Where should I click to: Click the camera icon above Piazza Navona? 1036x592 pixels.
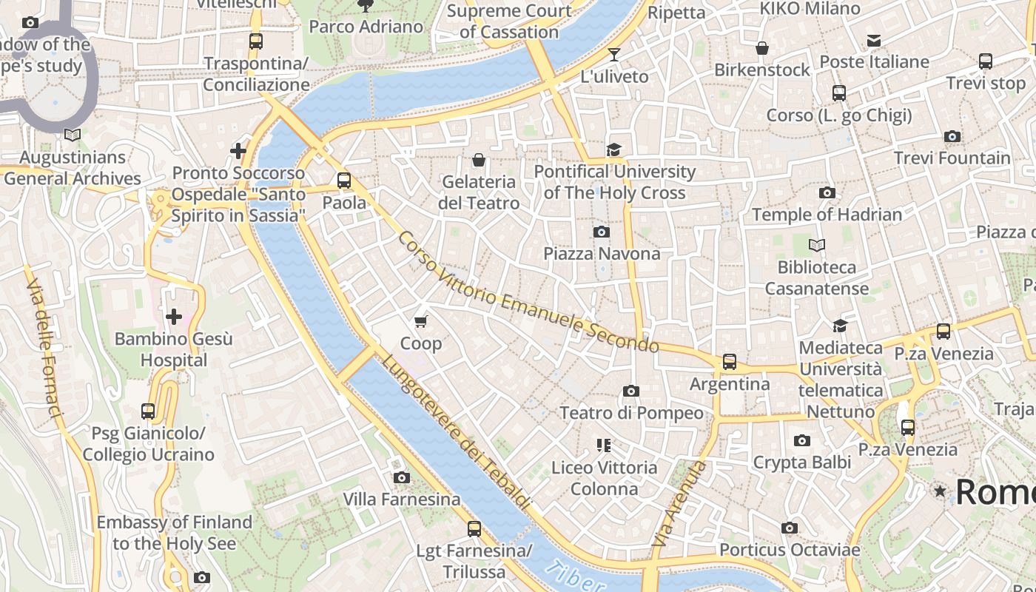(602, 232)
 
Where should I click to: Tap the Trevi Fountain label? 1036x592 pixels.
(952, 158)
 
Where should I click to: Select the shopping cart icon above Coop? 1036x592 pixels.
(421, 321)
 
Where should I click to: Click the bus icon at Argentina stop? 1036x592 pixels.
(730, 362)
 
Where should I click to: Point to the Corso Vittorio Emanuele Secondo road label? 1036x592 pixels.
(528, 294)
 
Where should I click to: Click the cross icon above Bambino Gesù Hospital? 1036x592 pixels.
(174, 317)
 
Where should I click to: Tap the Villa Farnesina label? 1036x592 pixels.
(402, 499)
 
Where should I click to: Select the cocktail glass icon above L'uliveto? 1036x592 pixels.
(613, 54)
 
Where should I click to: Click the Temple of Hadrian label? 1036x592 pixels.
(827, 215)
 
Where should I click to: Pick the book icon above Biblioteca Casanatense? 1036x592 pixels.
(817, 245)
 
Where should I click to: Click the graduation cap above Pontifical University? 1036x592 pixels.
(613, 150)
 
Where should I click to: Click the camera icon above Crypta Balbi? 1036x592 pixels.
(801, 441)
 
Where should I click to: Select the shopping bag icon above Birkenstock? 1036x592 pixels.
(762, 49)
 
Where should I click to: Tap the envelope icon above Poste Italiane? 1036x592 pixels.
(874, 40)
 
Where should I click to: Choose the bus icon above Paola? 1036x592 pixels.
(344, 180)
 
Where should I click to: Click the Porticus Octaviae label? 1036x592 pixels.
(790, 550)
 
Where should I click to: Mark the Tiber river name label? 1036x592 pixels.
(573, 577)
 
